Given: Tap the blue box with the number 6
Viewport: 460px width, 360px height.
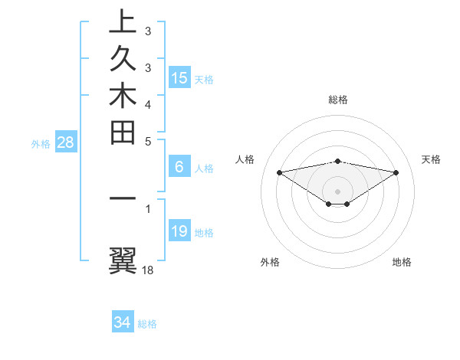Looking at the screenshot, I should point(179,166).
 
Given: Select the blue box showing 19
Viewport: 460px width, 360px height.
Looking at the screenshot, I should point(179,231).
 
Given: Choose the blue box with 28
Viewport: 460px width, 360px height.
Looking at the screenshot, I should point(65,142).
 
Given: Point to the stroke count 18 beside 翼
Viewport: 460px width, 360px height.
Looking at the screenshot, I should point(149,270).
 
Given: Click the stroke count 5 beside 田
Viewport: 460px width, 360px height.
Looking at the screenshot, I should point(147,141).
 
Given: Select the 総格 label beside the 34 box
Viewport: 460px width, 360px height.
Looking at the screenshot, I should point(148,324).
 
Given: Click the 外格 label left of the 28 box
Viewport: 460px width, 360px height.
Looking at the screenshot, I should point(41,143).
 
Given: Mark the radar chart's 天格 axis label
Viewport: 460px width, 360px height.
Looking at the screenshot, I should point(431,159).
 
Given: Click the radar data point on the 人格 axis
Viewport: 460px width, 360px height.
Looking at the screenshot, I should point(279,172).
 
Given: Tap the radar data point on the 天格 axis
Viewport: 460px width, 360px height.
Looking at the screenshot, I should point(396,172).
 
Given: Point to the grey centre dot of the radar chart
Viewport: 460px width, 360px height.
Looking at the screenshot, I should point(337,191).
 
